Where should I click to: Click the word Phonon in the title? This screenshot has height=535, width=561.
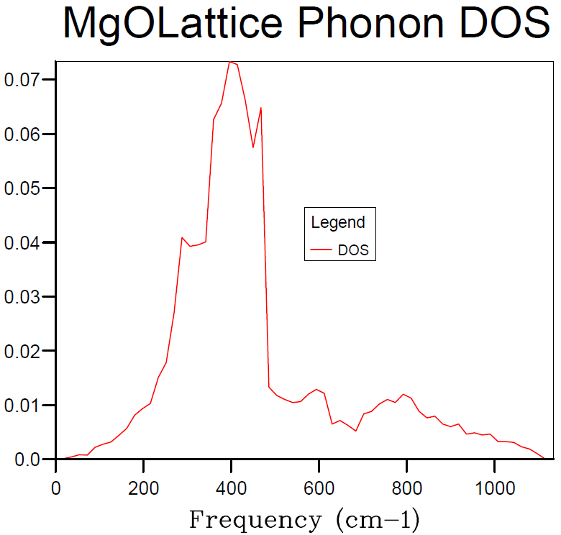(371, 23)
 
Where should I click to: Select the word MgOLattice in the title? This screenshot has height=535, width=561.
(173, 25)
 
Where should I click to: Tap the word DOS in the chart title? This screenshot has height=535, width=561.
(505, 23)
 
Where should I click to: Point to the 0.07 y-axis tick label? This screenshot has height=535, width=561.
(21, 79)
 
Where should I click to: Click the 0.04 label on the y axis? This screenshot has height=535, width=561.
(21, 243)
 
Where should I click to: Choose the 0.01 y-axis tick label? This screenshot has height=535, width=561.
(21, 406)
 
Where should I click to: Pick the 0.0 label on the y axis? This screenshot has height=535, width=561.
(27, 459)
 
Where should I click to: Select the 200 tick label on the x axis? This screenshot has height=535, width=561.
(143, 488)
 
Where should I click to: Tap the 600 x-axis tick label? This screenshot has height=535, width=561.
(319, 488)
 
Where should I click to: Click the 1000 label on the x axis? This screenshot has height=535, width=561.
(495, 488)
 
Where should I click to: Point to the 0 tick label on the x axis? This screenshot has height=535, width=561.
(56, 488)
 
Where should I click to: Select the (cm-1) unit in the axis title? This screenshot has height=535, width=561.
(378, 520)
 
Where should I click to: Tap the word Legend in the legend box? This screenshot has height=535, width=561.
(338, 223)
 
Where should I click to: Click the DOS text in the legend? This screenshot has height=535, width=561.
(353, 250)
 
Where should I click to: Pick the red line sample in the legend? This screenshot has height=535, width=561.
(321, 250)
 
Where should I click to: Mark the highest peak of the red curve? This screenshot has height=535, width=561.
(230, 62)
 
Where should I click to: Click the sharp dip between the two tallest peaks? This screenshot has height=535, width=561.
(253, 147)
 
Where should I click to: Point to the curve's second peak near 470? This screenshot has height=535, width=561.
(261, 108)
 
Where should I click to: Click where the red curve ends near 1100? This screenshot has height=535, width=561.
(544, 458)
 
